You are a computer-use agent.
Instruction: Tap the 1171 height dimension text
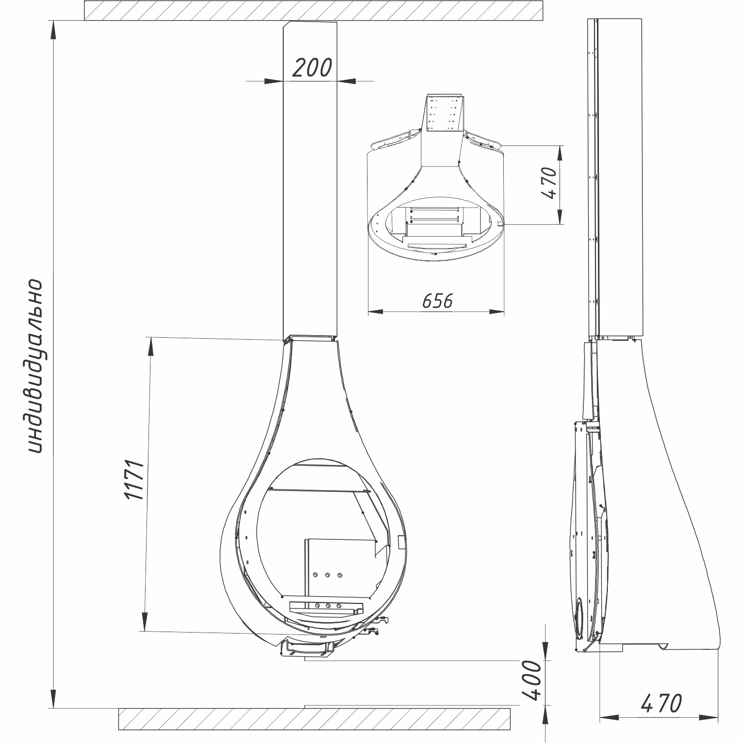[134, 481]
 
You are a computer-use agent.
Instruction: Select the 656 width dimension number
[437, 301]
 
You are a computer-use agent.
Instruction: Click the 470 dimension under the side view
[662, 703]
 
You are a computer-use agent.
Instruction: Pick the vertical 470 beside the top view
[549, 183]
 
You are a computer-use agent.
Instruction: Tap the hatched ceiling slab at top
[314, 10]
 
